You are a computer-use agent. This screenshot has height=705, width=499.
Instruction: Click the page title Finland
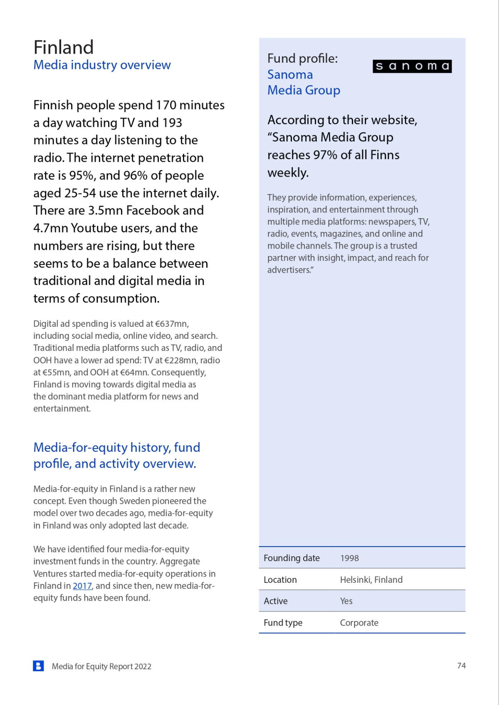click(64, 47)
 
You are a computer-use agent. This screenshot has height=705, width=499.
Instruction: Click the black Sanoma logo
click(412, 66)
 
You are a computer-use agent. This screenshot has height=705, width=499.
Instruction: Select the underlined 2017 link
click(82, 586)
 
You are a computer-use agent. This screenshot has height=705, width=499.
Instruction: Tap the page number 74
click(461, 666)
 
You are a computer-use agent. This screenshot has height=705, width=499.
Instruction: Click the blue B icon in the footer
click(38, 666)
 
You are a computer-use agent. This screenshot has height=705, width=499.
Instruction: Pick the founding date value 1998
click(349, 558)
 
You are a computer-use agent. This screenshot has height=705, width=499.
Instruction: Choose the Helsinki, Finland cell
click(371, 580)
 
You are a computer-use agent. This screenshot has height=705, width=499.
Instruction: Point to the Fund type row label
click(283, 623)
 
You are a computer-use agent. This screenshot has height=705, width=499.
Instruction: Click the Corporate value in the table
click(359, 623)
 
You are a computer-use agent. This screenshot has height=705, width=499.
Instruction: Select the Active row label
click(275, 601)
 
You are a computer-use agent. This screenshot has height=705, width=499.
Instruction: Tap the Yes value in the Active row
click(346, 601)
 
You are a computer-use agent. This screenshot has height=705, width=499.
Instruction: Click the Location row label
click(280, 580)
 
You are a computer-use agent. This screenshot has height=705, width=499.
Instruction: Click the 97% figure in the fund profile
click(325, 155)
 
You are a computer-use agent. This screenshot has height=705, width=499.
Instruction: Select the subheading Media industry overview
click(102, 65)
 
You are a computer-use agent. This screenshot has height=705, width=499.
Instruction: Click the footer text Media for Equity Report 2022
click(101, 666)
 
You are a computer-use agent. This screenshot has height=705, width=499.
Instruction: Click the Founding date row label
click(291, 558)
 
